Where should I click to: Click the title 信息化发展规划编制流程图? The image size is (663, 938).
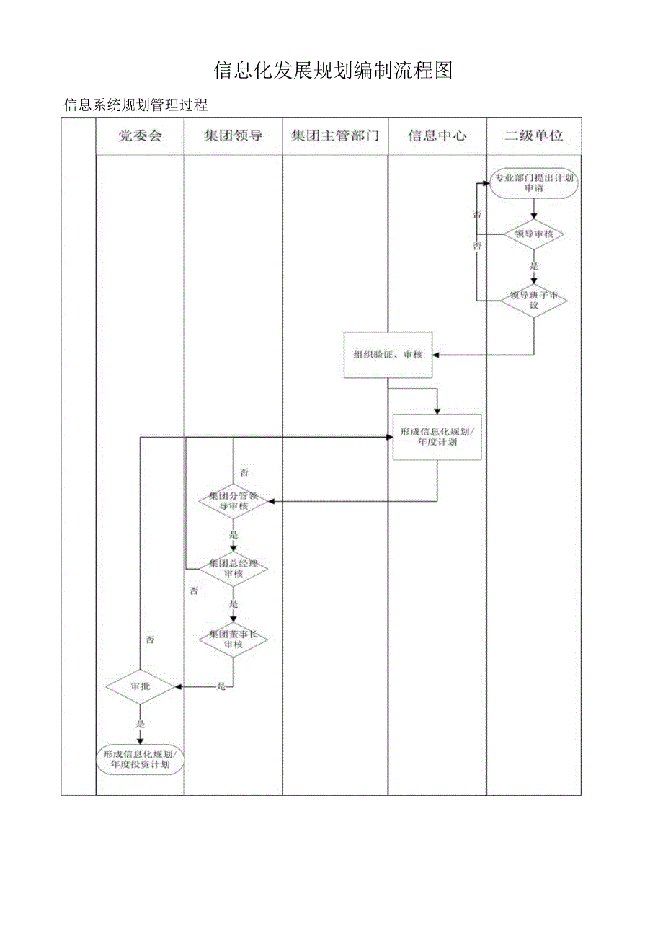(x=333, y=70)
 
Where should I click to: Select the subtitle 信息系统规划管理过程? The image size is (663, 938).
(x=135, y=105)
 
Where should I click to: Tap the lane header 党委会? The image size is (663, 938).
(x=140, y=136)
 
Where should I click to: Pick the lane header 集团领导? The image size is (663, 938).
(x=233, y=136)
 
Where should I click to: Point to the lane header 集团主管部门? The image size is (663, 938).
(x=335, y=136)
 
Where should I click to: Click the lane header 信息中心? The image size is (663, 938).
(x=437, y=136)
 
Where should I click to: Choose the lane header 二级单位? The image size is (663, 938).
(x=534, y=136)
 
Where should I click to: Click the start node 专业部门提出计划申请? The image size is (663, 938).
(x=534, y=183)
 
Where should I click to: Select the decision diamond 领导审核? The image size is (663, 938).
(x=534, y=234)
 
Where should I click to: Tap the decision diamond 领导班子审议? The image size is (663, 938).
(x=534, y=300)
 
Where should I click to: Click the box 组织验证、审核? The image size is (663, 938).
(x=388, y=355)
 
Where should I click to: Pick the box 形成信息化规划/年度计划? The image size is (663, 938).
(x=437, y=437)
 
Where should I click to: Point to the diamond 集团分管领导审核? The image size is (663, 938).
(x=233, y=501)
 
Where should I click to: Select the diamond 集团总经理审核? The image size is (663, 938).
(x=233, y=568)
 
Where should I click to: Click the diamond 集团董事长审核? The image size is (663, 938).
(x=233, y=639)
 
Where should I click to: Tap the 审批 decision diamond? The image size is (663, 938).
(x=141, y=686)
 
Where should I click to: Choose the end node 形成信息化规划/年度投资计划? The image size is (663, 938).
(x=141, y=759)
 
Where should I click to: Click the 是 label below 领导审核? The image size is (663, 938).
(x=534, y=265)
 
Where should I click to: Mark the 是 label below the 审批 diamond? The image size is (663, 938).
(x=141, y=724)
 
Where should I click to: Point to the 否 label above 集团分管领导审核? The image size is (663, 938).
(x=244, y=472)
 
